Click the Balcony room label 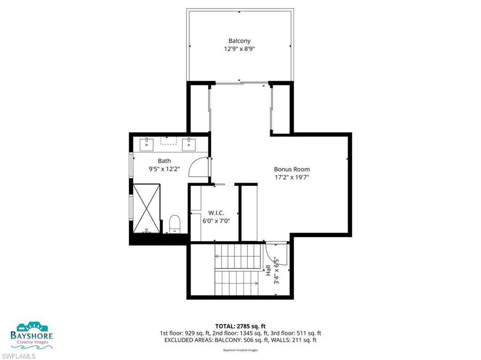click(x=239, y=41)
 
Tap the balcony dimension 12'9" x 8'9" click(x=239, y=49)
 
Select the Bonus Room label click(x=292, y=169)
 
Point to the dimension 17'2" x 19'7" click(x=292, y=177)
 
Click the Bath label click(x=151, y=161)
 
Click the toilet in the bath click(x=175, y=223)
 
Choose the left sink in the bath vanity click(x=147, y=143)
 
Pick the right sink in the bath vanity click(x=189, y=143)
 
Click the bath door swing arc click(x=197, y=167)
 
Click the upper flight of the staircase click(x=237, y=256)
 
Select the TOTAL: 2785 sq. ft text click(x=240, y=326)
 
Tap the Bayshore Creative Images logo click(x=31, y=335)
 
